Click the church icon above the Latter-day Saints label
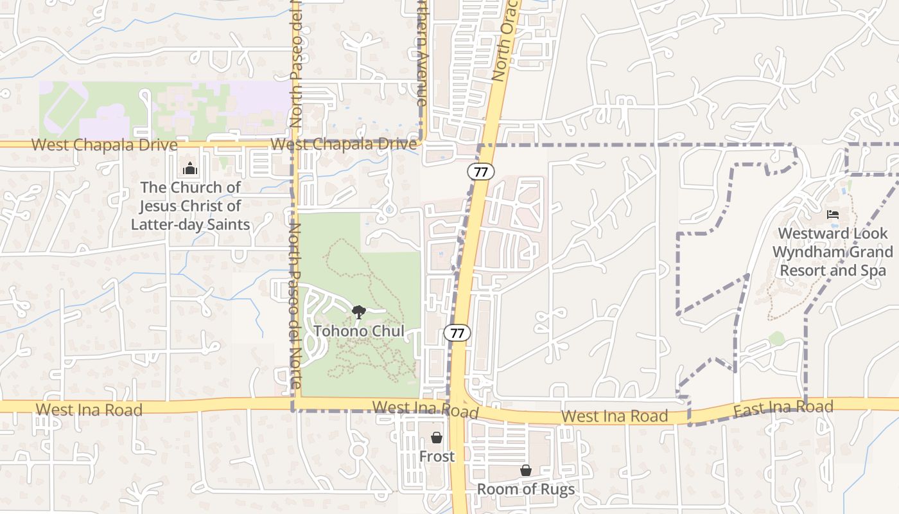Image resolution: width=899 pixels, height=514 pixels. coord(190,169)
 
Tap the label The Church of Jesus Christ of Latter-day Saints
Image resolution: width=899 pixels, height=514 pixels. coord(190,206)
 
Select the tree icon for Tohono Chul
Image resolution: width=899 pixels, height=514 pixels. coord(359,312)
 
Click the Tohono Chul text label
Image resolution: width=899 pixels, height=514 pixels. coord(359,332)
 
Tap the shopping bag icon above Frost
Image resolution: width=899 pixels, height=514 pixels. coord(437,438)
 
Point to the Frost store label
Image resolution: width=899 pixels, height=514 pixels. coord(437,456)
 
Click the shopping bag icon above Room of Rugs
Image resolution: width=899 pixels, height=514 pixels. coord(526,470)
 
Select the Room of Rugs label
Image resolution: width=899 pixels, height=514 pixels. coord(526,489)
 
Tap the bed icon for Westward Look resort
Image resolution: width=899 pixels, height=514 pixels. coord(834,214)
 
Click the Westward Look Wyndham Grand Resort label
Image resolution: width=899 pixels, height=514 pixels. coord(833,252)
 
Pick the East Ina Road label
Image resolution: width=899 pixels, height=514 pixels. coord(783,407)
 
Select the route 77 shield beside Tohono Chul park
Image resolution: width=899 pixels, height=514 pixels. coord(457,333)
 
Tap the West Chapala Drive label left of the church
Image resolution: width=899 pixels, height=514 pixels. coord(104,145)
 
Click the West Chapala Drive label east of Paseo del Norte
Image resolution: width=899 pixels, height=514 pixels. coord(344,145)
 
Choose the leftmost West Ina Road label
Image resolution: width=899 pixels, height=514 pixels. coord(89,410)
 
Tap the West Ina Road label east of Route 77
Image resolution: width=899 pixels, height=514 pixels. coord(615,416)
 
